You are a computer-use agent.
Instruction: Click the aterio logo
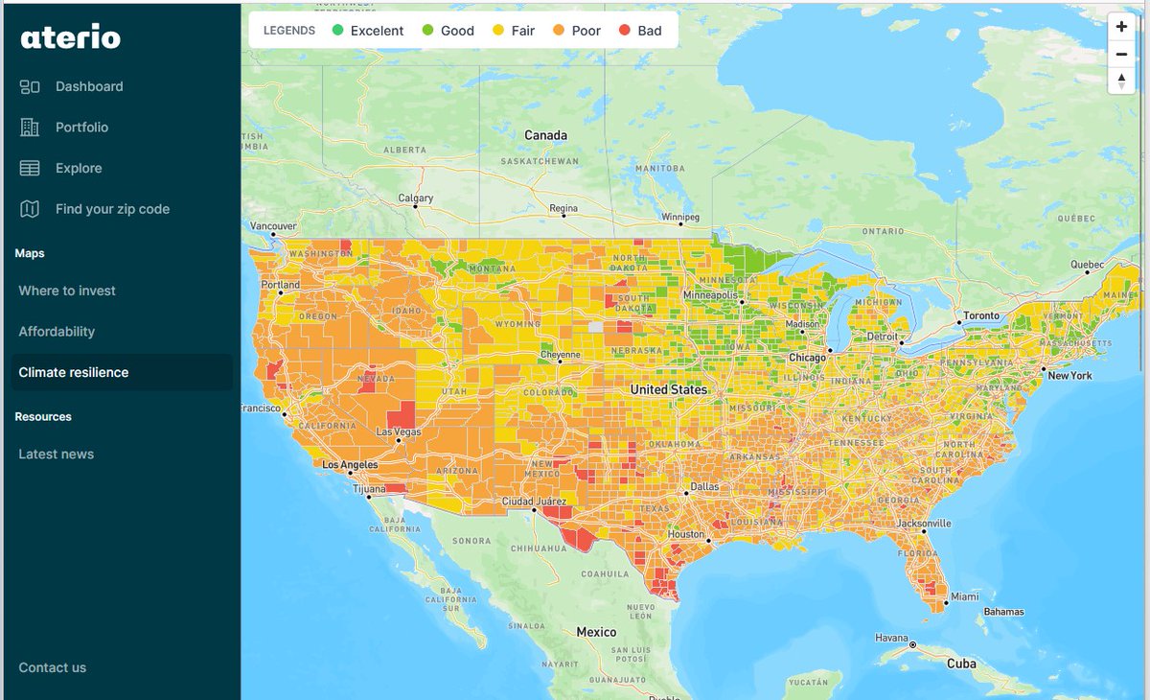pyautogui.click(x=71, y=37)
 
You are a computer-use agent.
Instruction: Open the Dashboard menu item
pyautogui.click(x=89, y=86)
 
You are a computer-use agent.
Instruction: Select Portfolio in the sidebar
pyautogui.click(x=81, y=128)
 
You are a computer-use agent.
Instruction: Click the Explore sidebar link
pyautogui.click(x=79, y=168)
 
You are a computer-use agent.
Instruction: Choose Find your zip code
pyautogui.click(x=112, y=209)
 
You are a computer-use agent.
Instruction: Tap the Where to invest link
pyautogui.click(x=67, y=291)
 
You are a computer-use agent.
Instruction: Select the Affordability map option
pyautogui.click(x=57, y=332)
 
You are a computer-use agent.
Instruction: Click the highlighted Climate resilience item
pyautogui.click(x=74, y=372)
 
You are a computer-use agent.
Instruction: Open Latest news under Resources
pyautogui.click(x=57, y=455)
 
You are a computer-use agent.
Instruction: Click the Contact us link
pyautogui.click(x=53, y=667)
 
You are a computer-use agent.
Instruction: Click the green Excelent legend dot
pyautogui.click(x=337, y=31)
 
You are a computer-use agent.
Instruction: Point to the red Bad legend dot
pyautogui.click(x=625, y=31)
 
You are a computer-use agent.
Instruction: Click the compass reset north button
pyautogui.click(x=1121, y=81)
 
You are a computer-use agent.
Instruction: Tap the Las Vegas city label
pyautogui.click(x=399, y=432)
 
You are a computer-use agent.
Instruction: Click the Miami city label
pyautogui.click(x=965, y=596)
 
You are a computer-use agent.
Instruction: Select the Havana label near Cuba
pyautogui.click(x=891, y=638)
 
